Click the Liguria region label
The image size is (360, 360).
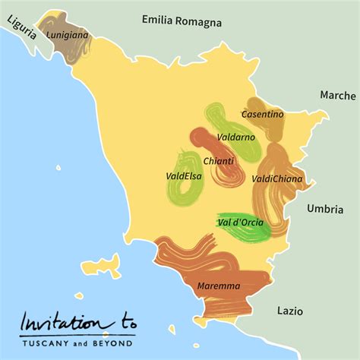pyautogui.click(x=20, y=33)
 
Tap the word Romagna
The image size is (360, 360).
pyautogui.click(x=199, y=22)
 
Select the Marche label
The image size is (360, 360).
pyautogui.click(x=338, y=96)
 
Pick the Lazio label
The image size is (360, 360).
pyautogui.click(x=289, y=311)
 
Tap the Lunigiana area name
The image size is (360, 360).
pyautogui.click(x=67, y=35)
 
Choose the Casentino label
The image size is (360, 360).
pyautogui.click(x=262, y=114)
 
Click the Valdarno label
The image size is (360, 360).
pyautogui.click(x=235, y=137)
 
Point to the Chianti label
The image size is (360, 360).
pyautogui.click(x=218, y=161)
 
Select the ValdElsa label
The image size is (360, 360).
pyautogui.click(x=183, y=176)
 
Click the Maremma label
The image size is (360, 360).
pyautogui.click(x=218, y=286)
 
